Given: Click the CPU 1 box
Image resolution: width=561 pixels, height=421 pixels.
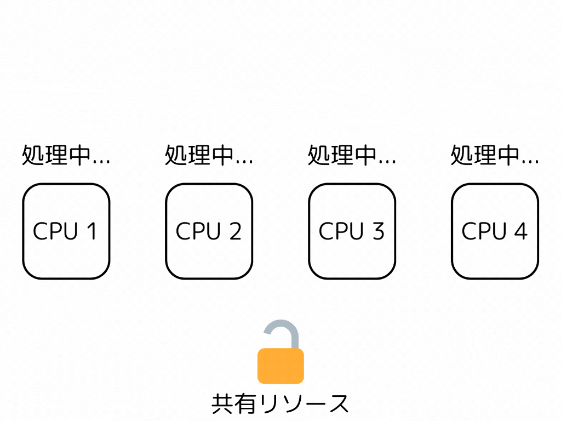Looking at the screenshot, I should click(x=66, y=231).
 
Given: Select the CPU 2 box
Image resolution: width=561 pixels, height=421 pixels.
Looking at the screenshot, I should click(x=209, y=231).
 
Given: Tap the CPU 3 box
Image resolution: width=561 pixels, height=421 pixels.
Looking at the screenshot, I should click(x=352, y=231).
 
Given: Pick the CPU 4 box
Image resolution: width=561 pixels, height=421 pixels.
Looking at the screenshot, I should click(x=495, y=231).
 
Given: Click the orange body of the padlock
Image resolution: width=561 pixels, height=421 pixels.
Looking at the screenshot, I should click(x=280, y=366).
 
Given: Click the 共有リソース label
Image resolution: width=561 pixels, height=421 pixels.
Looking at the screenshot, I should click(x=280, y=404).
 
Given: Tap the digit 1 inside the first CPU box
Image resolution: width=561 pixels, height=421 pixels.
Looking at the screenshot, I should click(x=91, y=231).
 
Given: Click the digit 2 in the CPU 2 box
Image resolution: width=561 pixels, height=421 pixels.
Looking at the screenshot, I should click(x=234, y=231).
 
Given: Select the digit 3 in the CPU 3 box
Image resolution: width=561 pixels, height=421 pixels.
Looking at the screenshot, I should click(x=377, y=231).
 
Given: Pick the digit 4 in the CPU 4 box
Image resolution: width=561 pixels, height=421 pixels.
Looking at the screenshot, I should click(x=520, y=231).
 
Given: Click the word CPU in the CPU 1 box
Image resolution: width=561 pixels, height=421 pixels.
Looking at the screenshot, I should click(x=55, y=231).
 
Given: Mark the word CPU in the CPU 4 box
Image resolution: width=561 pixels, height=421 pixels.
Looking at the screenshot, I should click(x=484, y=231).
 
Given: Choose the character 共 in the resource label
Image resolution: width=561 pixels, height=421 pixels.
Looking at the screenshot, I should click(x=222, y=404).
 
